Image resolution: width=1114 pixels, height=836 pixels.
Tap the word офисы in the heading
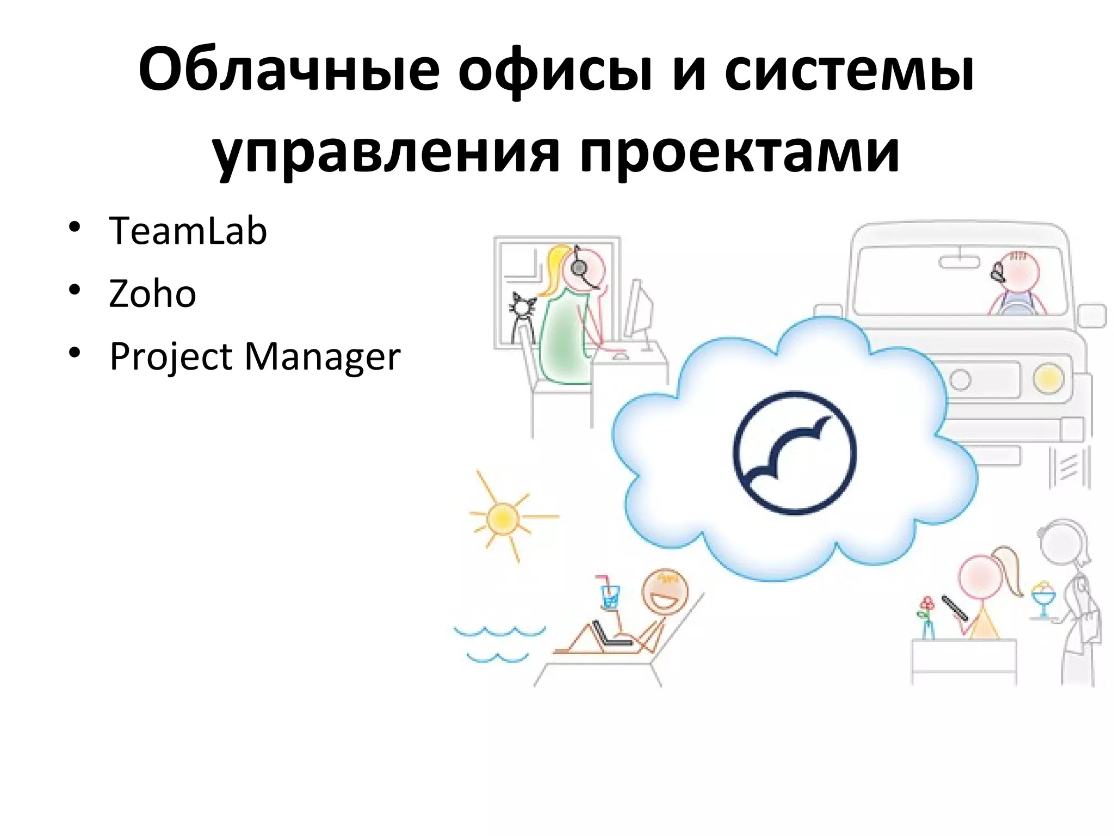coord(555,73)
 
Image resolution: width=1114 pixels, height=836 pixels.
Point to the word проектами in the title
coord(740,153)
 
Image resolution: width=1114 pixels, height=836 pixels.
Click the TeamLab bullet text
coord(188,231)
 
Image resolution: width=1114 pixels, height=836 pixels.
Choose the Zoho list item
coord(152,294)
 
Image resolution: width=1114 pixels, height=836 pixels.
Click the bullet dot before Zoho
coord(75,289)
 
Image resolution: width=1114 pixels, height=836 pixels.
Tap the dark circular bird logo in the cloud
coord(794,453)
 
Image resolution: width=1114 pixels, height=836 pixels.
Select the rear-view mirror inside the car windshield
coord(958,262)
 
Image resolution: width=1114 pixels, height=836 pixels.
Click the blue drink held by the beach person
coord(610,597)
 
